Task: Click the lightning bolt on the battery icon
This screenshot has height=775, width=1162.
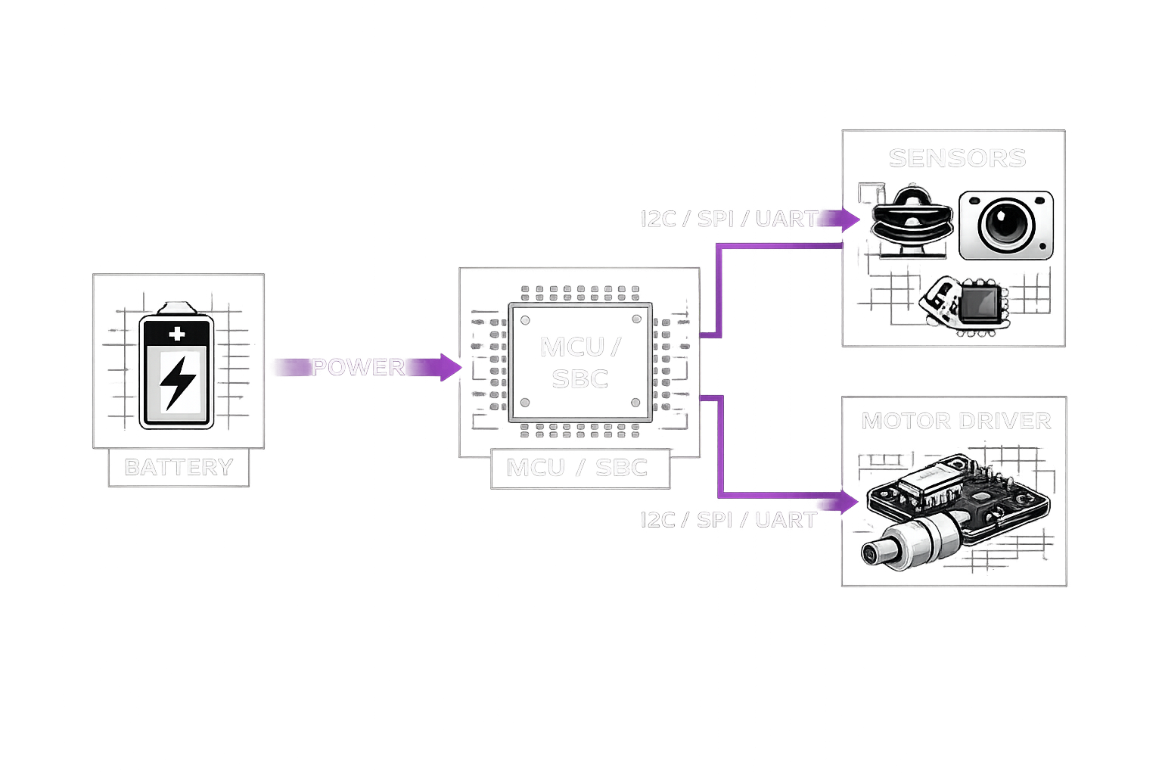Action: tap(178, 381)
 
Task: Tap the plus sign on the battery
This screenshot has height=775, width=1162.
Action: tap(177, 334)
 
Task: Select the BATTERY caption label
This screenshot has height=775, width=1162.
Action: tap(179, 467)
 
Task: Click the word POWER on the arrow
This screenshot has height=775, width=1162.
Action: tap(357, 367)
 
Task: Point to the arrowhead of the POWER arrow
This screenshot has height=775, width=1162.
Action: tap(452, 367)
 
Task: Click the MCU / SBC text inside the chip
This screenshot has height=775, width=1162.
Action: tap(580, 363)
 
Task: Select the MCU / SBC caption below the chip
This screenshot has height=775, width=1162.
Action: tap(577, 467)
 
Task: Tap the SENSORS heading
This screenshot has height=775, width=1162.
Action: tap(957, 157)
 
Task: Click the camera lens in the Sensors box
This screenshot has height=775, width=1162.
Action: tap(1005, 224)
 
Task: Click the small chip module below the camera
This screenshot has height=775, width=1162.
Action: tap(972, 304)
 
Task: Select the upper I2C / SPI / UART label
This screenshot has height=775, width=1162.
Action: tap(729, 219)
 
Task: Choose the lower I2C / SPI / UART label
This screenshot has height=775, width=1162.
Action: tap(729, 520)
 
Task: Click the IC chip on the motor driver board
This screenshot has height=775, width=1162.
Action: tap(939, 484)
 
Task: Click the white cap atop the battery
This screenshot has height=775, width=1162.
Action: tap(177, 308)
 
